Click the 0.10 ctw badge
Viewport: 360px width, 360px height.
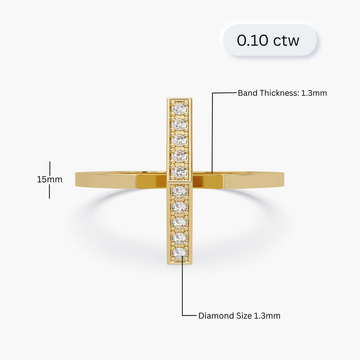pos(269,40)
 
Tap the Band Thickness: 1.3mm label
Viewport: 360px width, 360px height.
pos(282,92)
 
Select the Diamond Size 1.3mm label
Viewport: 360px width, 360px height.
pos(239,315)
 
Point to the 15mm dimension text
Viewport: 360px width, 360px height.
pos(49,179)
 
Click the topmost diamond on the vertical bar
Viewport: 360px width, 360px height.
pos(179,108)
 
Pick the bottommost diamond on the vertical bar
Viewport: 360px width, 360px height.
pos(179,252)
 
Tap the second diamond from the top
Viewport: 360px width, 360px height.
pos(179,124)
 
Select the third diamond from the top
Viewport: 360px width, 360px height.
pos(179,140)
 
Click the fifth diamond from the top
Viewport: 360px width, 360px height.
pos(179,172)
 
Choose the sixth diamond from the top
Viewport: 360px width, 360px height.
pos(179,190)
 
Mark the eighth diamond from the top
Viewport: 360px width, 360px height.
pos(179,221)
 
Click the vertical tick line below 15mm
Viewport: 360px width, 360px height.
pos(49,191)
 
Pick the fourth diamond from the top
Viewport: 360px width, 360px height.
pos(179,156)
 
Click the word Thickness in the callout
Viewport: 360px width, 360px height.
pos(276,92)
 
